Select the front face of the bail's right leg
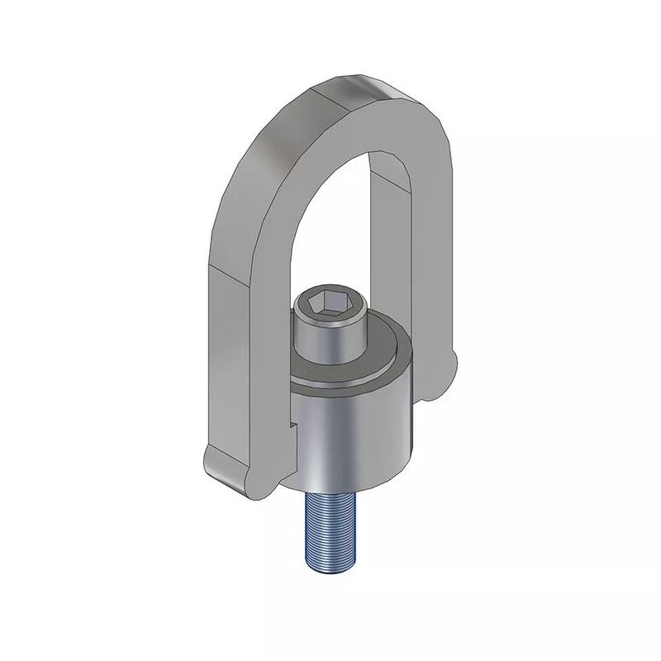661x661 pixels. (x=430, y=273)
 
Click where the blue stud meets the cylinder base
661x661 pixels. (x=330, y=495)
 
